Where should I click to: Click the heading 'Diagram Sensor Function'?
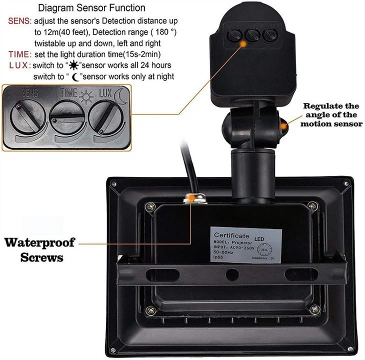point(92,8)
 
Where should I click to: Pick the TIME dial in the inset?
point(68,115)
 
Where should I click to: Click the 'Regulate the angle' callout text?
point(331,114)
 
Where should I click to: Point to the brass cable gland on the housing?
point(191,198)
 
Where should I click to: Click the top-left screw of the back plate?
point(148,206)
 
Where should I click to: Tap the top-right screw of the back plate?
point(312,205)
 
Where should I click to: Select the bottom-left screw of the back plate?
point(148,311)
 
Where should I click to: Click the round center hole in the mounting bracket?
point(231,274)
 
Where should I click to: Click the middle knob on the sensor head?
point(251,35)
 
